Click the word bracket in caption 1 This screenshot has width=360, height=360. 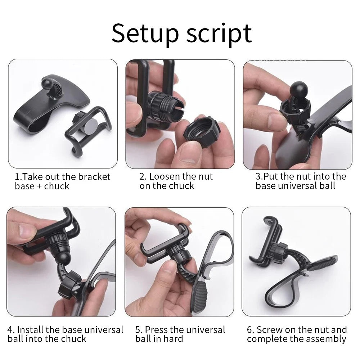point(91,177)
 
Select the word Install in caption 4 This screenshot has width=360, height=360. point(30,330)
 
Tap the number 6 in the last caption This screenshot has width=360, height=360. point(250,330)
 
